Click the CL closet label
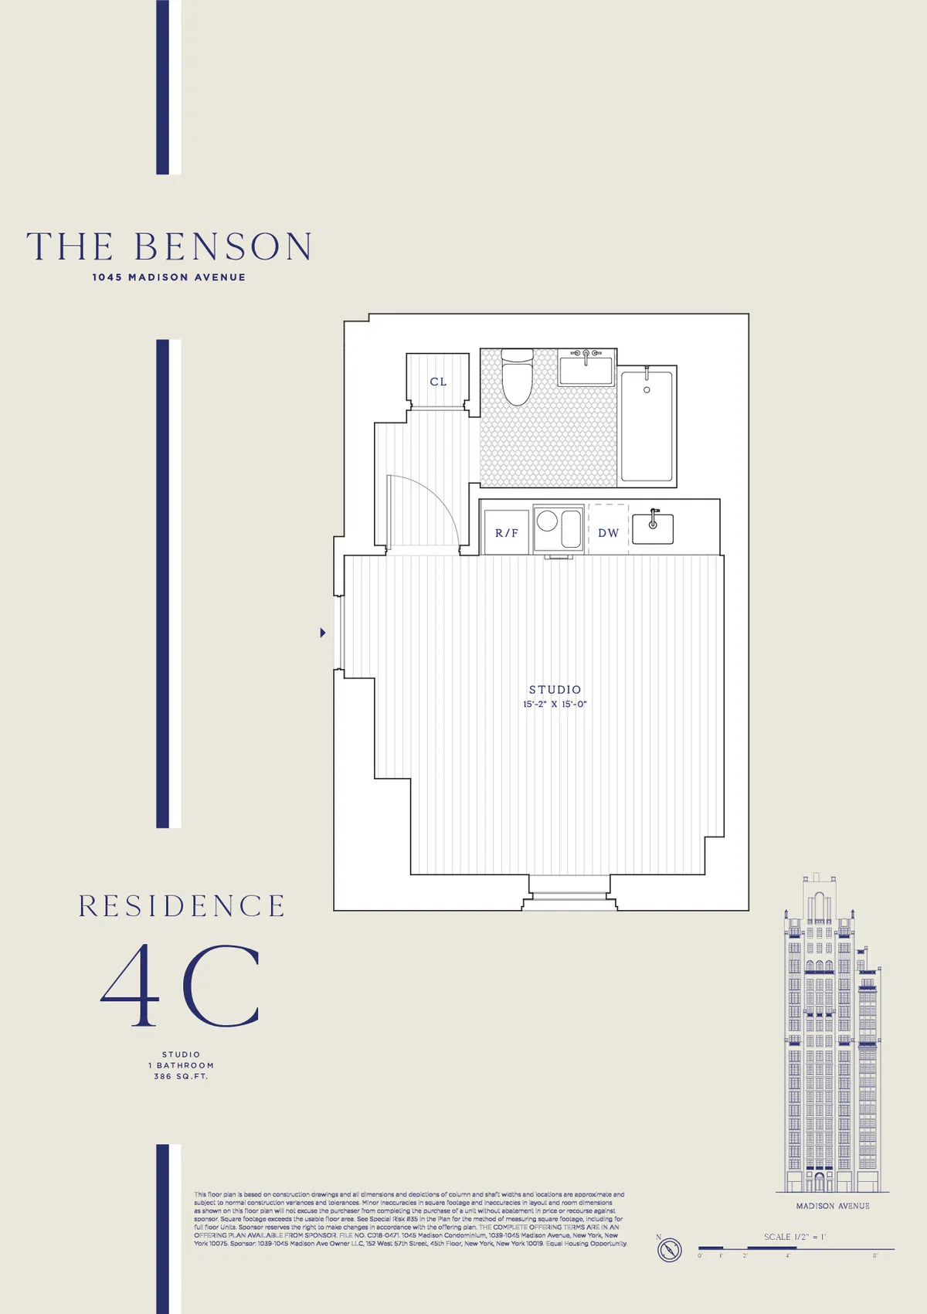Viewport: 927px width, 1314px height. [438, 382]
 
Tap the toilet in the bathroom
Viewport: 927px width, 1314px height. [517, 377]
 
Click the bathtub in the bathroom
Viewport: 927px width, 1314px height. [647, 426]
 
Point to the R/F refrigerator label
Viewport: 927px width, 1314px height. [507, 533]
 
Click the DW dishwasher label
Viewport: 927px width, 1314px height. [609, 533]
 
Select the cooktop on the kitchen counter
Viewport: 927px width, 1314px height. [558, 528]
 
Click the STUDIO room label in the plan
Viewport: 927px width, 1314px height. [555, 689]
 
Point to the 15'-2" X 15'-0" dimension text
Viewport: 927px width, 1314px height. [555, 705]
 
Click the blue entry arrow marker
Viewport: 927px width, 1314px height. [323, 633]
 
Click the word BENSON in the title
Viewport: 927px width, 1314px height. [223, 247]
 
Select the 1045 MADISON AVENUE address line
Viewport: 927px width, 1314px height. [168, 277]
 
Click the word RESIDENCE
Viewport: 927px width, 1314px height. [182, 906]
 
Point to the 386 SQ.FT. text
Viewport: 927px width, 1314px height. [181, 1076]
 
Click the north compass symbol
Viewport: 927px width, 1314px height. [670, 1249]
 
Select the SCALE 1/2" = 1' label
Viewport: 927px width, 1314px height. [795, 1237]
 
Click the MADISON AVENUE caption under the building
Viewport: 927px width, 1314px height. [833, 1206]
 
